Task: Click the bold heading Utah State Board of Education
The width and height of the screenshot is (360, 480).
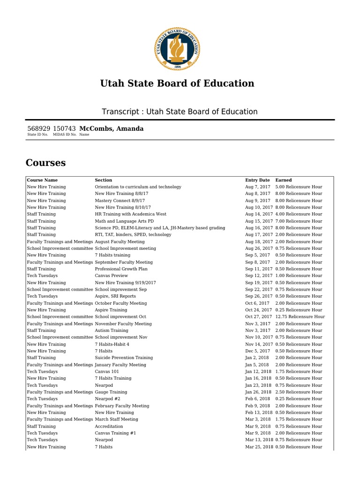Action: pyautogui.click(x=177, y=83)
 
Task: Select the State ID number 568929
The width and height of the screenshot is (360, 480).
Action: pyautogui.click(x=38, y=128)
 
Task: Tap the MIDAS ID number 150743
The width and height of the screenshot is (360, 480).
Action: pyautogui.click(x=64, y=128)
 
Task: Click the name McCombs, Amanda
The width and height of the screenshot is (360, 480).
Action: pyautogui.click(x=112, y=128)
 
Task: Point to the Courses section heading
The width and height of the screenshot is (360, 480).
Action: pyautogui.click(x=45, y=163)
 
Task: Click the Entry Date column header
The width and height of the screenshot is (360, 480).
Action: pyautogui.click(x=257, y=180)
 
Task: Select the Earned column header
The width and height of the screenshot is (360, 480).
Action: pyautogui.click(x=283, y=180)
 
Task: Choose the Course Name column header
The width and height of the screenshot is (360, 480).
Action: pyautogui.click(x=42, y=180)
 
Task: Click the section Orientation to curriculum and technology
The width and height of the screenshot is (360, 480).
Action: pyautogui.click(x=138, y=187)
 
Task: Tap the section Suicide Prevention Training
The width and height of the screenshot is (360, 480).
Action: pyautogui.click(x=124, y=358)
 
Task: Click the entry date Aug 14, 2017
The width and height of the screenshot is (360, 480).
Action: pyautogui.click(x=259, y=214)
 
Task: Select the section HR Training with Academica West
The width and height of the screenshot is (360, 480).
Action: pyautogui.click(x=130, y=214)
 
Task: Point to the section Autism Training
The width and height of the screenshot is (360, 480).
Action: pyautogui.click(x=112, y=330)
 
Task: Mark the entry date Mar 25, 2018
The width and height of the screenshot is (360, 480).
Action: pyautogui.click(x=259, y=447)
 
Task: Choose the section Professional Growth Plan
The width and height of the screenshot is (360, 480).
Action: pyautogui.click(x=121, y=269)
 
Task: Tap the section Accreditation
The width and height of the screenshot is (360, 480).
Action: pyautogui.click(x=109, y=427)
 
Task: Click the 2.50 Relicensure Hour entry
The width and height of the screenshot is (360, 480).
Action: pyautogui.click(x=299, y=392)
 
